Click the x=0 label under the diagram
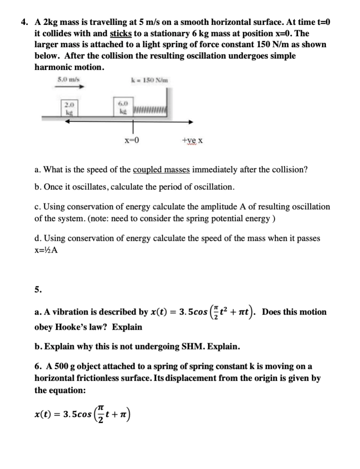[x=131, y=140]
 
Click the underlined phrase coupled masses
[x=161, y=170]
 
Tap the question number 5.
[x=38, y=289]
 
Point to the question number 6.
[x=38, y=367]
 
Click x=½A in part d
[x=46, y=249]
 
